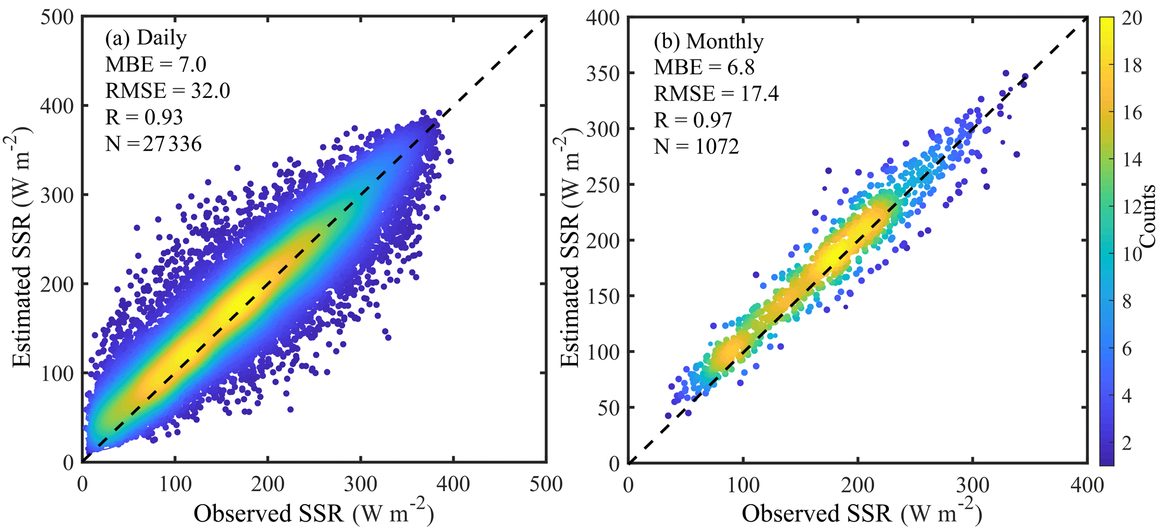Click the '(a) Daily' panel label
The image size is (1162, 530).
(x=146, y=38)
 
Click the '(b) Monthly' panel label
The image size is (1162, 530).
(x=708, y=42)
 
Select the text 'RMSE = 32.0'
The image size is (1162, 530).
(x=168, y=90)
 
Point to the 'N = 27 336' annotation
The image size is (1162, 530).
(x=153, y=144)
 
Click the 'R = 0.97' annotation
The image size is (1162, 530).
(x=693, y=120)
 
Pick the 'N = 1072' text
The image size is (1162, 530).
(x=696, y=147)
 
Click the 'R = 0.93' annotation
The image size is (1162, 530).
(x=144, y=117)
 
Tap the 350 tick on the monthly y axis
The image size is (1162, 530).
(x=602, y=74)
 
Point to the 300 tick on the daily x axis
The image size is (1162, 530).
(x=360, y=484)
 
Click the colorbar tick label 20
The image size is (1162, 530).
(x=1132, y=18)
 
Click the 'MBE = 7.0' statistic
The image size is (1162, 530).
(x=156, y=65)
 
